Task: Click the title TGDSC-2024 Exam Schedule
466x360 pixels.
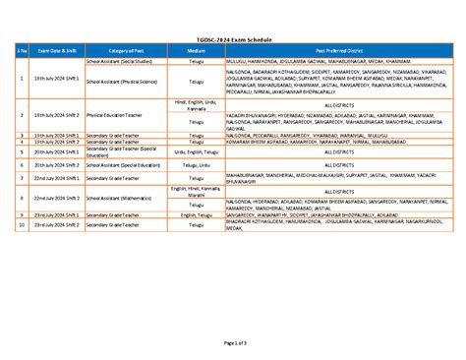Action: (233, 38)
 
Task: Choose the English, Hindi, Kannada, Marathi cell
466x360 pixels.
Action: (197, 192)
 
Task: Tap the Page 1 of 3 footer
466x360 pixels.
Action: (233, 340)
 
